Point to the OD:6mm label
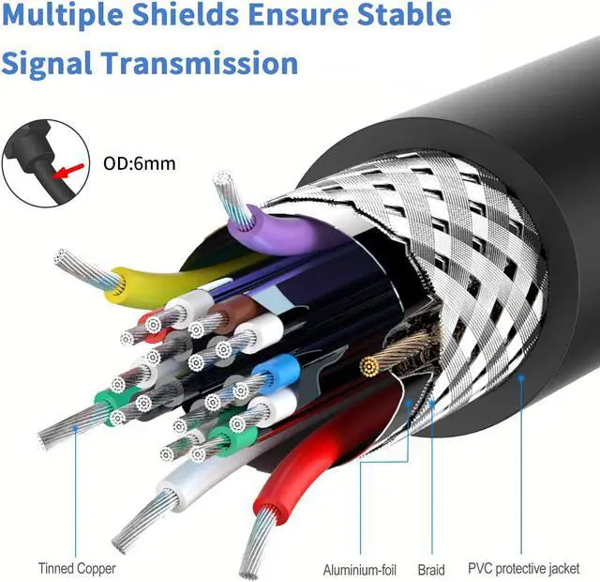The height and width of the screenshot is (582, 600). (x=139, y=163)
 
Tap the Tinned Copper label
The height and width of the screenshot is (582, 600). (x=78, y=568)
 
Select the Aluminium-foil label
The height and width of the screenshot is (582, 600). (x=361, y=569)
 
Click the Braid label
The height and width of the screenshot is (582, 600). (x=431, y=569)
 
